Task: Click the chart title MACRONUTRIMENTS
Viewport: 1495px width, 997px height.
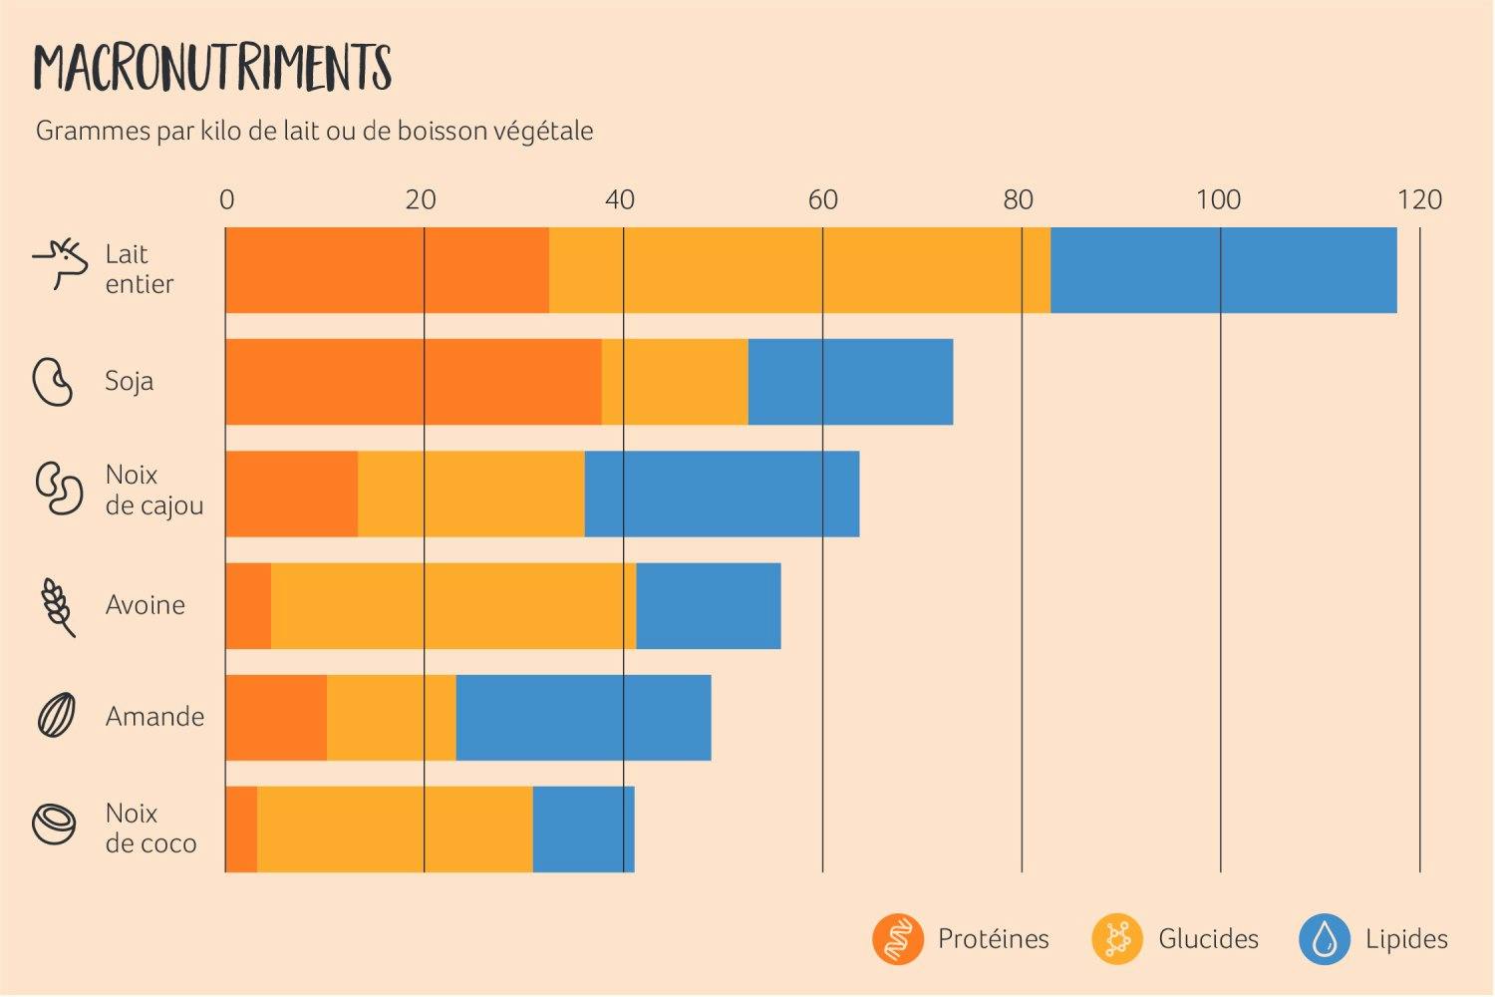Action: coord(212,68)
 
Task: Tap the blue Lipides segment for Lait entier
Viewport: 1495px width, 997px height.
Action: coord(1223,270)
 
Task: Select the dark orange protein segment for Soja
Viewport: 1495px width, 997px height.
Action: coord(413,382)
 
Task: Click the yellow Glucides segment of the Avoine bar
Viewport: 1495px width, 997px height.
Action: coord(453,605)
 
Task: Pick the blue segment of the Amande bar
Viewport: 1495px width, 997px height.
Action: coord(583,717)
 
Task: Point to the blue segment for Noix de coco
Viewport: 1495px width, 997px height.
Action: coord(583,829)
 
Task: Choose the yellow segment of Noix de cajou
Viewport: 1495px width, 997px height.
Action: coord(470,494)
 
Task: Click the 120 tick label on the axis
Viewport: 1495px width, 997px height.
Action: coord(1419,200)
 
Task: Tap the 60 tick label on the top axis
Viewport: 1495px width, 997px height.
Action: coord(822,200)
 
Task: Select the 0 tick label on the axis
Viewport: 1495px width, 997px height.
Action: coord(226,200)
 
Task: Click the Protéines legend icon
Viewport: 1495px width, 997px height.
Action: coord(897,939)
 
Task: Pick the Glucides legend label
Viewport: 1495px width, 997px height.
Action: coord(1208,939)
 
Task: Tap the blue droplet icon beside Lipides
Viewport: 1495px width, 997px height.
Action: coord(1325,939)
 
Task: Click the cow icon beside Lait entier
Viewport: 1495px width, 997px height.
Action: coord(61,263)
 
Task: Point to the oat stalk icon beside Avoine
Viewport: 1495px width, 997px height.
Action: coord(58,606)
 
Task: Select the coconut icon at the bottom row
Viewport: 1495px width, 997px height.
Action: coord(55,825)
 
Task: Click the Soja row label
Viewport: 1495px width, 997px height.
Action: coord(130,381)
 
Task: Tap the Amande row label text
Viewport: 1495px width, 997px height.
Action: coord(154,717)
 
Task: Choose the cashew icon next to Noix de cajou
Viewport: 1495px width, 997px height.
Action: coord(59,489)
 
